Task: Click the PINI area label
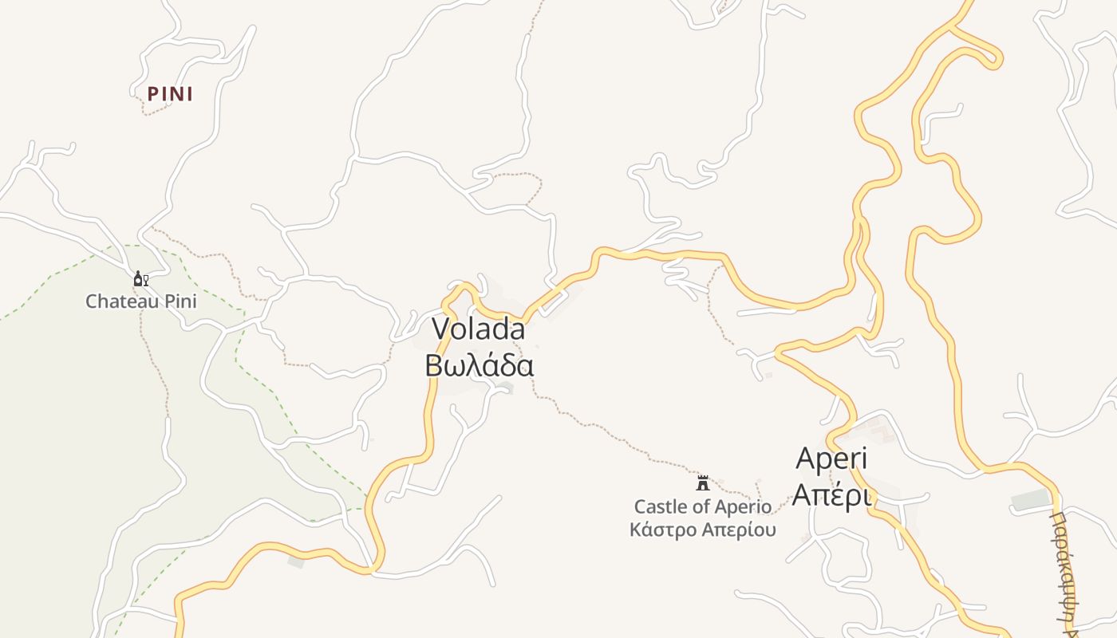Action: click(x=170, y=94)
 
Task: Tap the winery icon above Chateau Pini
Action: click(x=140, y=279)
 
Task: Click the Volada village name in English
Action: click(x=478, y=329)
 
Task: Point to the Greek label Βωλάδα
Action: click(x=479, y=365)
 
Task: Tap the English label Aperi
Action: click(x=831, y=459)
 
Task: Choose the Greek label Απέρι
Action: click(x=831, y=495)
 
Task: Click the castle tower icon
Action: click(x=703, y=482)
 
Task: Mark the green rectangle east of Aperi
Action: click(x=1030, y=501)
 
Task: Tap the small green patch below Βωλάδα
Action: click(x=504, y=388)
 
